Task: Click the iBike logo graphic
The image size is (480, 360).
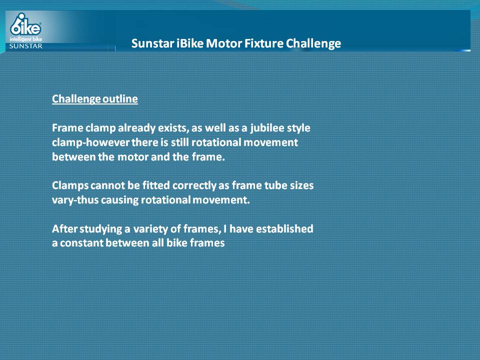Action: pyautogui.click(x=25, y=24)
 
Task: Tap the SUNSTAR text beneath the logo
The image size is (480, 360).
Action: pyautogui.click(x=25, y=46)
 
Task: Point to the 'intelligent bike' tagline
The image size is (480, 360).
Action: pyautogui.click(x=25, y=39)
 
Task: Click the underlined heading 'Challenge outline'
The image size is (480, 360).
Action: pyautogui.click(x=95, y=99)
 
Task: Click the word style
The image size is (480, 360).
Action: pyautogui.click(x=298, y=128)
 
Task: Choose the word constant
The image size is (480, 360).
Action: pyautogui.click(x=81, y=243)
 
